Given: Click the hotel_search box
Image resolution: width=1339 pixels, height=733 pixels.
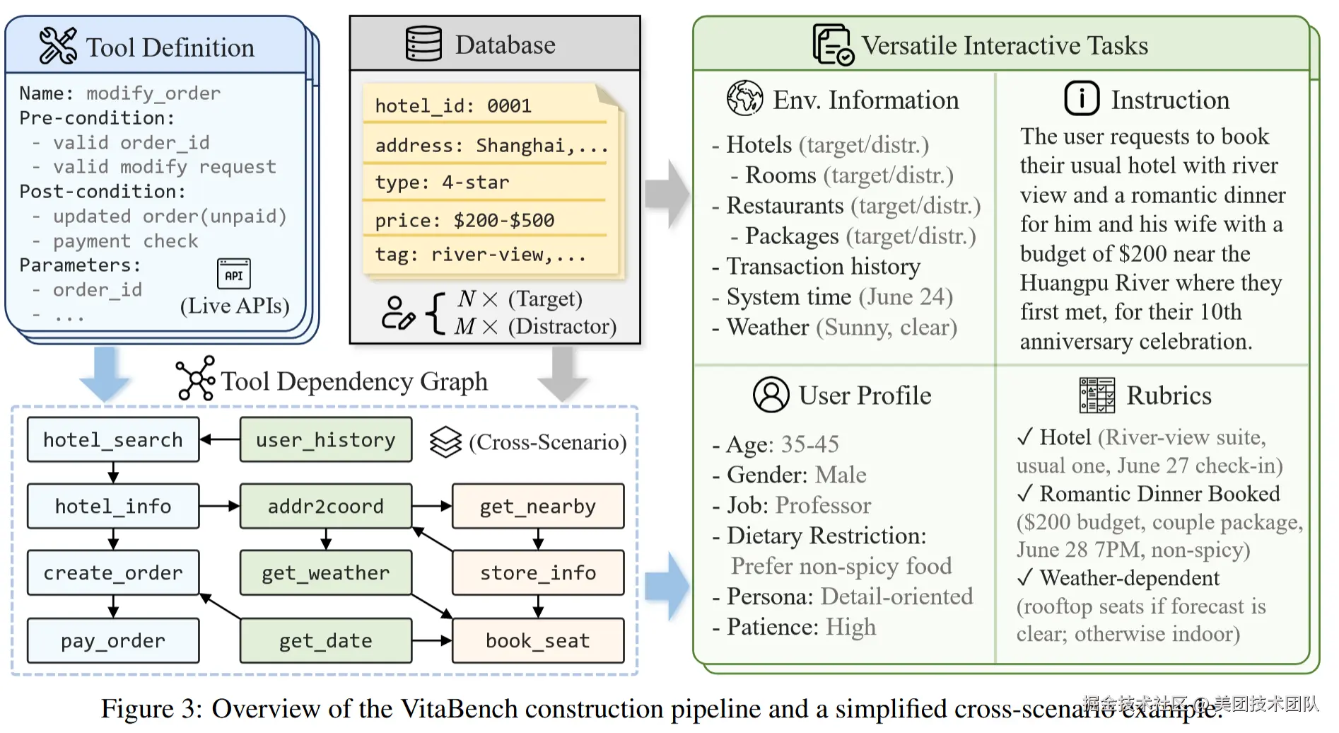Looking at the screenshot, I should point(113,439).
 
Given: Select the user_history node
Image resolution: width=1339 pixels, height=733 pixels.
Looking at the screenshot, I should point(325,439).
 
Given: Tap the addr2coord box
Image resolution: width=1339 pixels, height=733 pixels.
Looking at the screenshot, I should point(325,506).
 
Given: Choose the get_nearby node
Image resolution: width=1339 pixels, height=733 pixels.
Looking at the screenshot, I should point(537,506).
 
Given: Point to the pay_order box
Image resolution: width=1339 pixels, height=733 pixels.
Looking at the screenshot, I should point(113,640).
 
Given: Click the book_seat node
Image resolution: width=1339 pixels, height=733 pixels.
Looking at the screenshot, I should point(537,640).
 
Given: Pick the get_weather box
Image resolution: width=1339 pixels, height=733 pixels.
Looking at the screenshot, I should point(325,572).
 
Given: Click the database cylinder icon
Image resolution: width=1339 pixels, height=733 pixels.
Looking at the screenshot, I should point(423,44).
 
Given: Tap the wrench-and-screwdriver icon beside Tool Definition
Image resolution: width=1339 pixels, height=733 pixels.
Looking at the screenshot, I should point(58,46).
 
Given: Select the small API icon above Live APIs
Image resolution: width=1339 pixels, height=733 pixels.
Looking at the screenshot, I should point(233,275).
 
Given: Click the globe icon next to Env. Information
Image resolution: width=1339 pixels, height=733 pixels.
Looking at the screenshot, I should point(744,98).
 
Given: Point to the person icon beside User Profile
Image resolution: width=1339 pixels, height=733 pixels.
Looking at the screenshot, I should point(771,394).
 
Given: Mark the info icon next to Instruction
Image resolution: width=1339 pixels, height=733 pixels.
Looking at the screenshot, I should point(1081,98).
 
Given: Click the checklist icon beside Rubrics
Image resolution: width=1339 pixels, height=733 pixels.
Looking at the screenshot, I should point(1097,395).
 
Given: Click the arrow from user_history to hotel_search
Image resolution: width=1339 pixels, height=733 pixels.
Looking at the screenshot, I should point(220,439).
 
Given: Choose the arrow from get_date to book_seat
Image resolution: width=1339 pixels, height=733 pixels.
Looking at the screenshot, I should point(432,640).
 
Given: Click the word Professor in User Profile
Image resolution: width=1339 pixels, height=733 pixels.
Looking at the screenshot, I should point(823,505).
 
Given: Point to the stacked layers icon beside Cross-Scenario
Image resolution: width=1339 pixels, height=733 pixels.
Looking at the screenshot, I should point(445,441).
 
